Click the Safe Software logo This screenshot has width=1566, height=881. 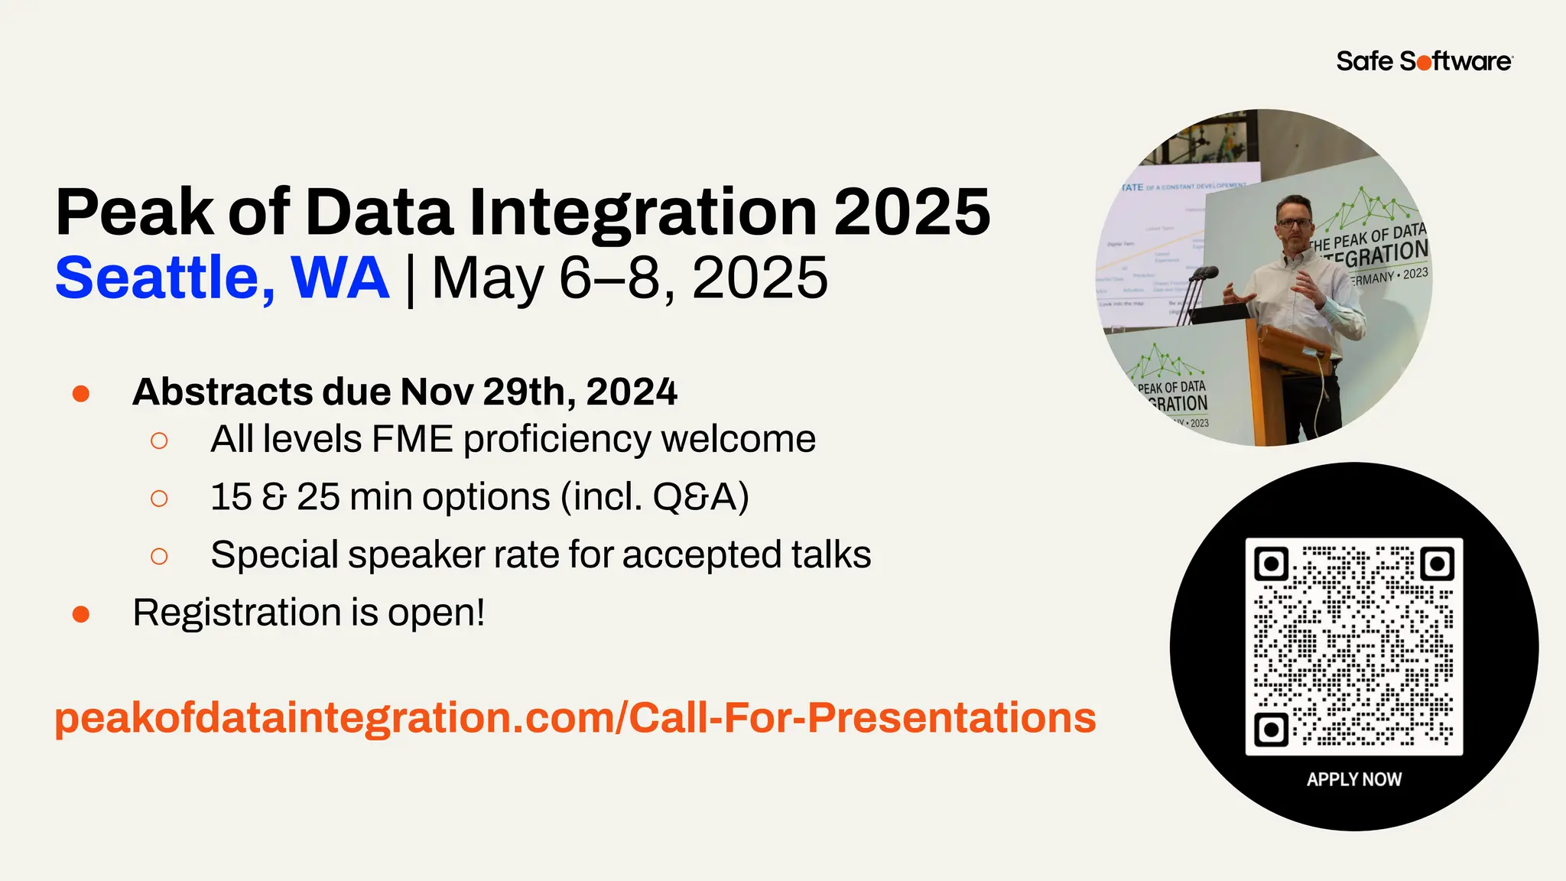tap(1424, 61)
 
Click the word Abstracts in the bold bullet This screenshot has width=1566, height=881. tap(223, 392)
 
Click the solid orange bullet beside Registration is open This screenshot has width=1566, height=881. tap(81, 614)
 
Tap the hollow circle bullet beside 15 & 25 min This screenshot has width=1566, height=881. tap(159, 499)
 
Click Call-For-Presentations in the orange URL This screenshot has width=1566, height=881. tap(862, 717)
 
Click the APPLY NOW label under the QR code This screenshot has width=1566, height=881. tap(1353, 779)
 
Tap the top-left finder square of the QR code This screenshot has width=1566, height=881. tap(1271, 564)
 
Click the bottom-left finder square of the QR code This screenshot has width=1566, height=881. tap(1271, 729)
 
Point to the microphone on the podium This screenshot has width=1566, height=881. tap(1205, 273)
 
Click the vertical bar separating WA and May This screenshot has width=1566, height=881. tap(411, 280)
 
